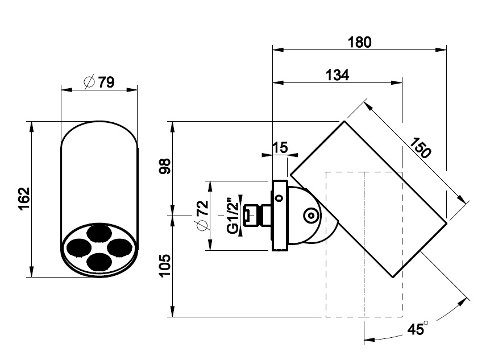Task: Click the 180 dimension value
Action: click(359, 42)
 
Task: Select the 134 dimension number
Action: click(337, 75)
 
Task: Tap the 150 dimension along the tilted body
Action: click(421, 148)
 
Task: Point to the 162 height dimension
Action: click(23, 199)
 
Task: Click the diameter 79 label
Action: click(106, 82)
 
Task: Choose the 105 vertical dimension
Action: click(165, 266)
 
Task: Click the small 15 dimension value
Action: click(280, 148)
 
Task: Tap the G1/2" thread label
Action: click(231, 216)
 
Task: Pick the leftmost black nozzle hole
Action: click(77, 246)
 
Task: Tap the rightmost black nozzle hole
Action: click(121, 246)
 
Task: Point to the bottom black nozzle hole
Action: click(99, 260)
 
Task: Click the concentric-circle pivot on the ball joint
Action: click(311, 216)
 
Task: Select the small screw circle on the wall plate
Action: click(279, 198)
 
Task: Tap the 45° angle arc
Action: click(432, 328)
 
